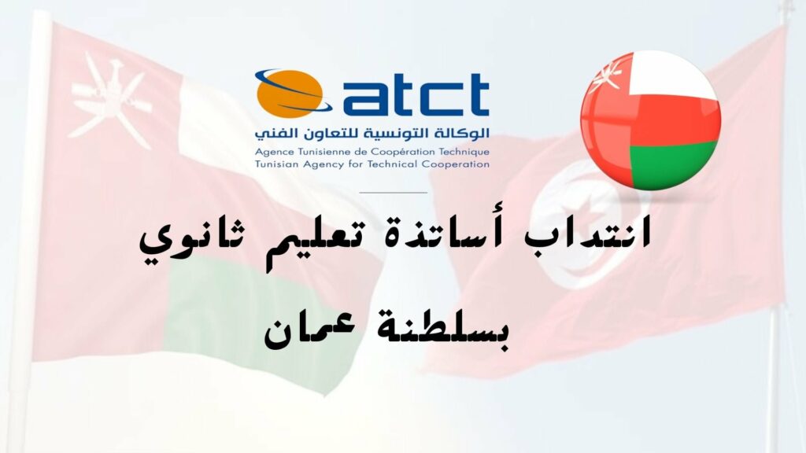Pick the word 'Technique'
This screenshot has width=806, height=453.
(464, 152)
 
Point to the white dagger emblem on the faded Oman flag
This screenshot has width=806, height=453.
(111, 100)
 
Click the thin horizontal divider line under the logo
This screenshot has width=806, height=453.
(394, 193)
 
